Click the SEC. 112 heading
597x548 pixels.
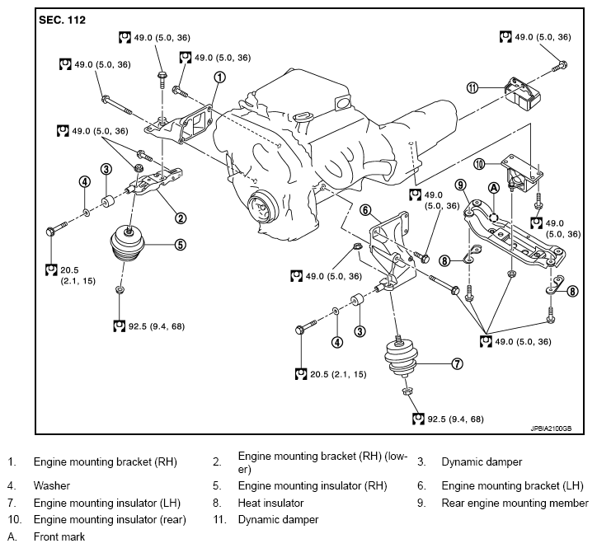(62, 20)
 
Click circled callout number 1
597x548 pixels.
(219, 77)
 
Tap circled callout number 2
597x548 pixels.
(181, 218)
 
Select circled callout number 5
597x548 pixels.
(181, 245)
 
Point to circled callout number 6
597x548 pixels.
(365, 209)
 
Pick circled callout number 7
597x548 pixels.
(458, 363)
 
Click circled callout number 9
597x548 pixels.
(461, 185)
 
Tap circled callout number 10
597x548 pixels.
(479, 165)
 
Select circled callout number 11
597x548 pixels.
(472, 88)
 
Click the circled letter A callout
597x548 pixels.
(494, 188)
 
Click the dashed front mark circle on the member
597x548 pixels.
(493, 217)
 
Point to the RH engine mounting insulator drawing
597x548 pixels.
(128, 243)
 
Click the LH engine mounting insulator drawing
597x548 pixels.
(400, 358)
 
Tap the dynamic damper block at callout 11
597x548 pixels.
(523, 94)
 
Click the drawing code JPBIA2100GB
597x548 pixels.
(551, 429)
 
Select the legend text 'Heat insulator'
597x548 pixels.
(270, 504)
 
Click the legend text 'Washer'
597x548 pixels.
(52, 486)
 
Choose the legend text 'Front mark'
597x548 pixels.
(59, 537)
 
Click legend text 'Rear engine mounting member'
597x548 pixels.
(515, 504)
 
